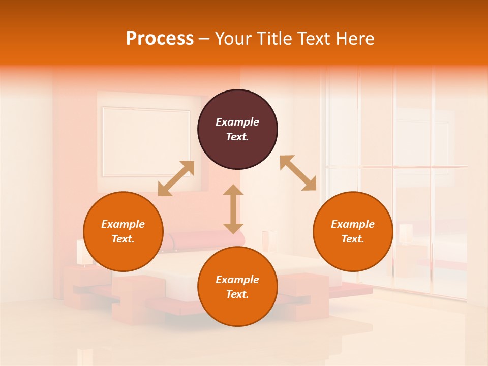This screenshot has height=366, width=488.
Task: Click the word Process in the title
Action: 160,39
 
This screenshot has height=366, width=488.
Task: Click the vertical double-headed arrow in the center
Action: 233,209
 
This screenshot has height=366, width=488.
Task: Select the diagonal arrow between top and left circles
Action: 176,178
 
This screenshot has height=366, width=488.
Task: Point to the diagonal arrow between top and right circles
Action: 298,173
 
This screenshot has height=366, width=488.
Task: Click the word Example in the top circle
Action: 237,122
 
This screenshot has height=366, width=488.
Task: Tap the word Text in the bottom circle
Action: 237,294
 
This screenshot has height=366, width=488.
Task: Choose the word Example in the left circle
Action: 123,224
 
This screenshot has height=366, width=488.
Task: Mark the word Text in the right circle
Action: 353,239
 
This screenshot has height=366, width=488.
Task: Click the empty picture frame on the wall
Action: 145,141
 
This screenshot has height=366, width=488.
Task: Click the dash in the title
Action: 204,39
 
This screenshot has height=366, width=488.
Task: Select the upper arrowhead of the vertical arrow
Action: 233,191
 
